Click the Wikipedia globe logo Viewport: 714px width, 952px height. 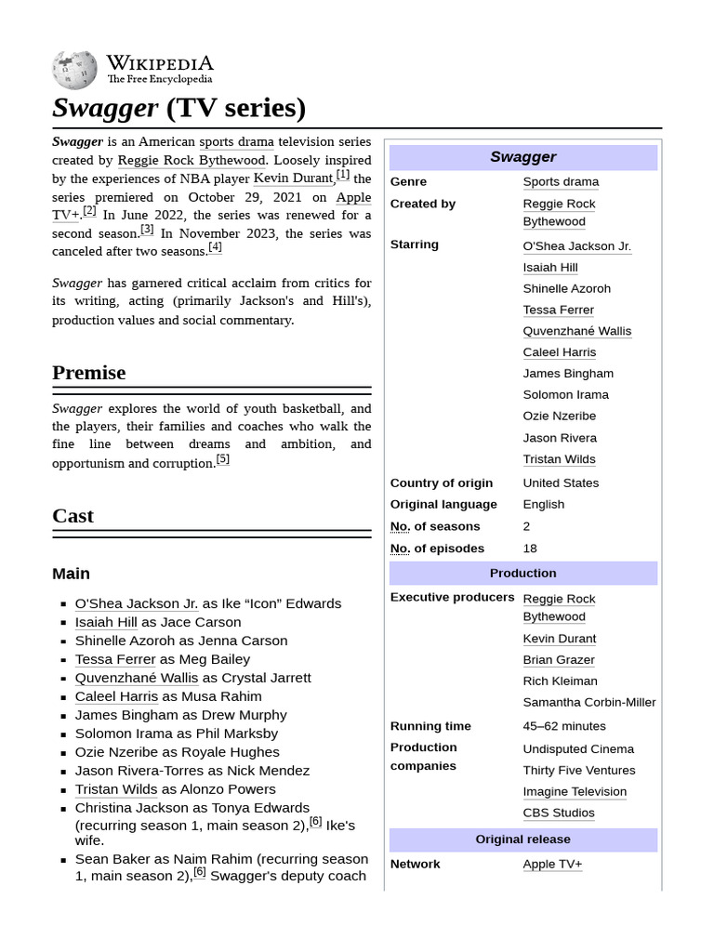click(74, 70)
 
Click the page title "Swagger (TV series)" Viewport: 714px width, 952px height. click(178, 108)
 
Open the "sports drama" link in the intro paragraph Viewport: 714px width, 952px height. click(236, 142)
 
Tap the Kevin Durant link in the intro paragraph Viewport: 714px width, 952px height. click(293, 178)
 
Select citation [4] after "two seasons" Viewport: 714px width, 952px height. click(215, 247)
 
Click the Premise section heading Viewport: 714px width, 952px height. click(88, 373)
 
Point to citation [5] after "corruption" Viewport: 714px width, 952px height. click(222, 459)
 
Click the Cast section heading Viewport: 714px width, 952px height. click(73, 516)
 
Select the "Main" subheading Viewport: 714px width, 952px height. click(71, 574)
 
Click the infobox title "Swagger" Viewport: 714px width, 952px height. click(522, 157)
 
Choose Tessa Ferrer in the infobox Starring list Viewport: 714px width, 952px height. click(558, 310)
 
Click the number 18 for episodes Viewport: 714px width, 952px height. click(530, 549)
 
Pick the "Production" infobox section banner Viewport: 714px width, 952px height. click(522, 573)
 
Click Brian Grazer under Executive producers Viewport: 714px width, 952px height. click(559, 659)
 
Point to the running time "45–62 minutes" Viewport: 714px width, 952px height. click(563, 726)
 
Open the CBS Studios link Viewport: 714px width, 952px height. click(558, 813)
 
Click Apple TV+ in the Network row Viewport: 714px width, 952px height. click(552, 864)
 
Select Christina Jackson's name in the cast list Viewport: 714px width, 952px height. click(140, 808)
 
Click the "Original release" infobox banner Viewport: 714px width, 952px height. click(522, 840)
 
